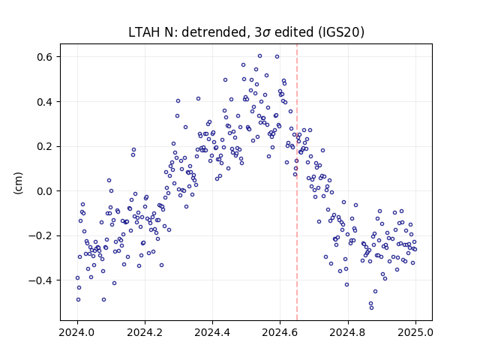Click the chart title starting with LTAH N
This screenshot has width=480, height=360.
tap(246, 32)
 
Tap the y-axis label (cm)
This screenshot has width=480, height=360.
tap(18, 183)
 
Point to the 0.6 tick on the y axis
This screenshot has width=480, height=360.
tap(45, 57)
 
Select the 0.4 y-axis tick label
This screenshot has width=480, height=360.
tap(45, 102)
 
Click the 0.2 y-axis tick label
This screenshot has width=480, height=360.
tap(45, 146)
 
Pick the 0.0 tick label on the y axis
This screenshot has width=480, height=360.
tap(45, 191)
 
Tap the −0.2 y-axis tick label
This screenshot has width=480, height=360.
tap(40, 235)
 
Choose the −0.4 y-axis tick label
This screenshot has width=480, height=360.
tap(40, 280)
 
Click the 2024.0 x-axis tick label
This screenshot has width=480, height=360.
tap(77, 332)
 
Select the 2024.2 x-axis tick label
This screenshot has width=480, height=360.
tap(145, 332)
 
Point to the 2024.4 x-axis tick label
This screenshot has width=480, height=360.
tap(212, 332)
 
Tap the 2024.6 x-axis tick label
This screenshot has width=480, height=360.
tap(280, 332)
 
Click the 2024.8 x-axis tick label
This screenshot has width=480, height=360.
tap(348, 332)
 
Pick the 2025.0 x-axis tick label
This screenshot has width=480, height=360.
tap(415, 332)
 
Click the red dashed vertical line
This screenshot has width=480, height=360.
tap(297, 182)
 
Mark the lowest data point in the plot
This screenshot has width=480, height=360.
tap(372, 308)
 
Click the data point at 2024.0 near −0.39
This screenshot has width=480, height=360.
tap(77, 278)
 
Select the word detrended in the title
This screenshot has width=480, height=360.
tap(214, 32)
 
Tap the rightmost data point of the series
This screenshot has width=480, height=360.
tap(415, 250)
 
